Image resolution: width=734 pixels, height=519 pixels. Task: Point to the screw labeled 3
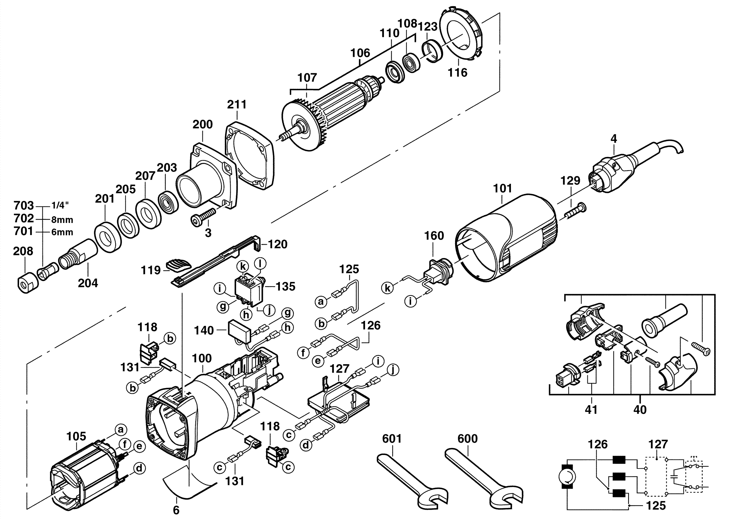pyautogui.click(x=203, y=215)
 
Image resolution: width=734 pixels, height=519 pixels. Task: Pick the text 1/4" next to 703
pyautogui.click(x=60, y=205)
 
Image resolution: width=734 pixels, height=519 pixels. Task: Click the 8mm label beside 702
pyautogui.click(x=62, y=220)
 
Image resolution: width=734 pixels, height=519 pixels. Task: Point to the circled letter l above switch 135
pyautogui.click(x=260, y=264)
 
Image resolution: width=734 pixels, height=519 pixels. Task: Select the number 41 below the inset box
pyautogui.click(x=591, y=409)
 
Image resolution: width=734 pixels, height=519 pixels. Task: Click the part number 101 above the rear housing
pyautogui.click(x=503, y=189)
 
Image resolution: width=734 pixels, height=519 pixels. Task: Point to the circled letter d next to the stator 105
pyautogui.click(x=139, y=468)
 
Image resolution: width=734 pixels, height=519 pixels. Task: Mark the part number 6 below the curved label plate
pyautogui.click(x=176, y=510)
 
